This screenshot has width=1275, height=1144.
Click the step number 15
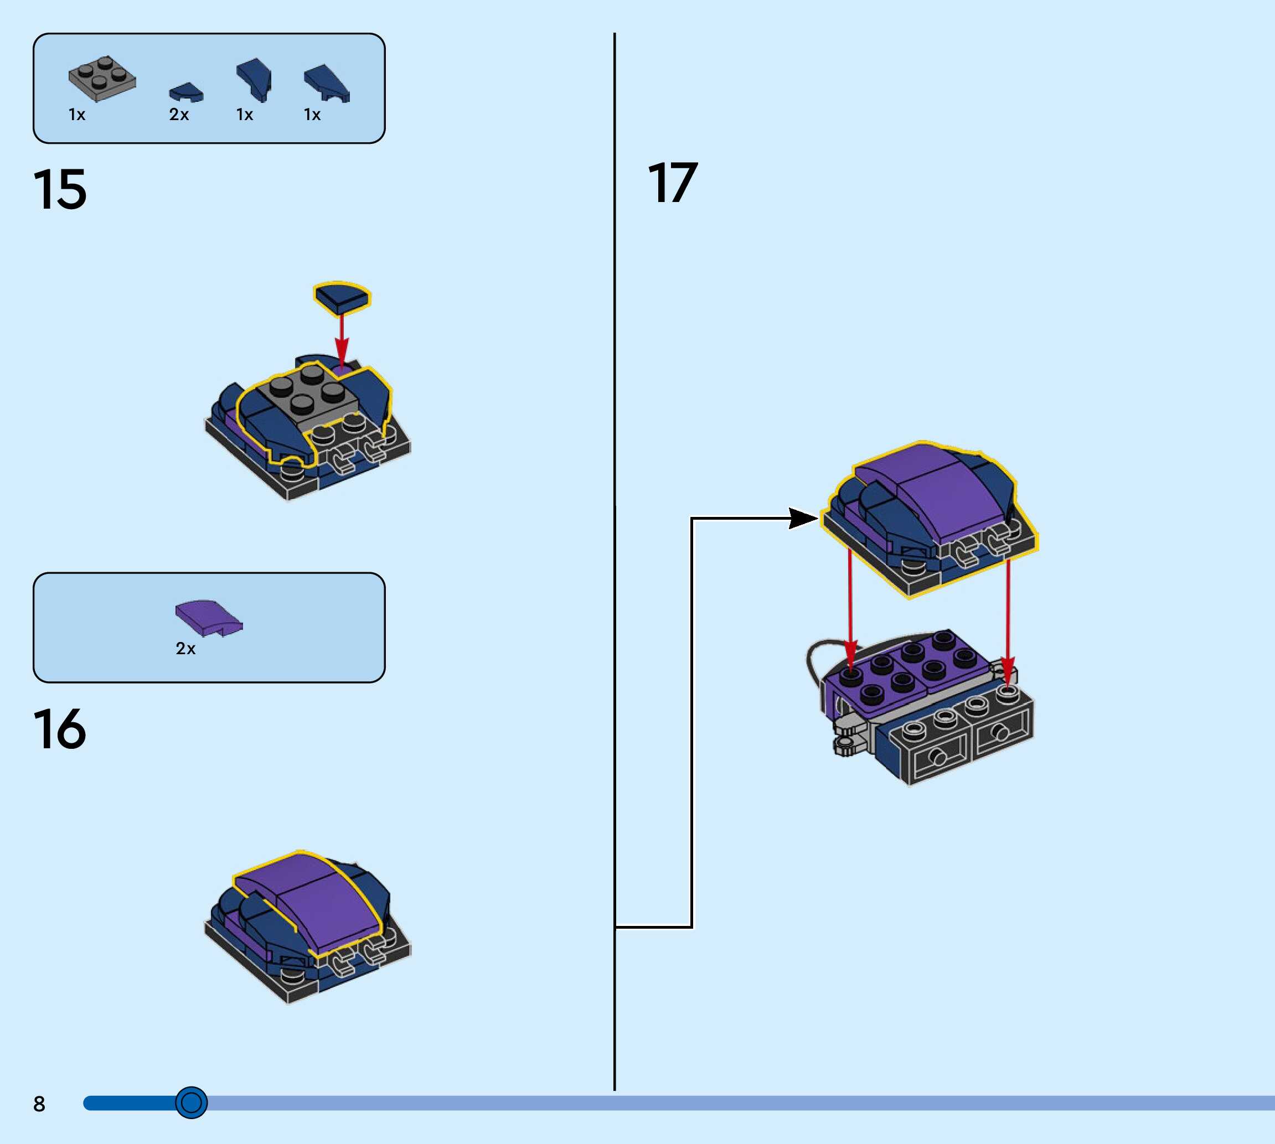tap(60, 189)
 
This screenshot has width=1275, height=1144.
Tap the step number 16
tap(60, 729)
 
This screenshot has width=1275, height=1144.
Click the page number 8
tap(39, 1104)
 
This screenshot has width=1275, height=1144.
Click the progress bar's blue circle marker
tap(191, 1102)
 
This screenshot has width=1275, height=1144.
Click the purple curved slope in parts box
tap(208, 617)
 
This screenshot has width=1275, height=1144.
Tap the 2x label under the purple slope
tap(185, 649)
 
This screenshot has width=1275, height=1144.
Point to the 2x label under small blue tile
tap(179, 115)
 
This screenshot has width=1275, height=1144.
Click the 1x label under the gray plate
tap(77, 115)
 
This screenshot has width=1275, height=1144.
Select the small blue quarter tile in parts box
tap(186, 93)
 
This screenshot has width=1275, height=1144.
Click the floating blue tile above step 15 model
tap(342, 297)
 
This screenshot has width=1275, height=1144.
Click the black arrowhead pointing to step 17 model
tap(803, 519)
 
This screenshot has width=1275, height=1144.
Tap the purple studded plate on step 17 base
tap(905, 670)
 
